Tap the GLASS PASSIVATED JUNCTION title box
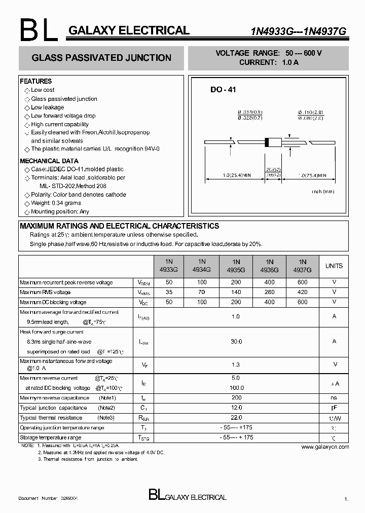coord(101,58)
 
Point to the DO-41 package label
coord(224,90)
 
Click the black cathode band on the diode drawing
coord(267,142)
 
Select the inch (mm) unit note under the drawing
coord(323,192)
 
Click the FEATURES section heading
coord(36,81)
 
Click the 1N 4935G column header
coord(236,266)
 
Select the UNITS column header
coord(334,266)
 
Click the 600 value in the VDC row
coord(303,302)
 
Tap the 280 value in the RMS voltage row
coord(269,292)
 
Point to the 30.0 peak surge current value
coord(236,342)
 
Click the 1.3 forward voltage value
coord(236,364)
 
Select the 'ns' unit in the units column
coord(334,398)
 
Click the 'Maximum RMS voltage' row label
coord(45,292)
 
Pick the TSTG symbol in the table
coord(144,437)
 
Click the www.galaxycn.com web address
coord(325,447)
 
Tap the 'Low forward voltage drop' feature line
coord(63,116)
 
